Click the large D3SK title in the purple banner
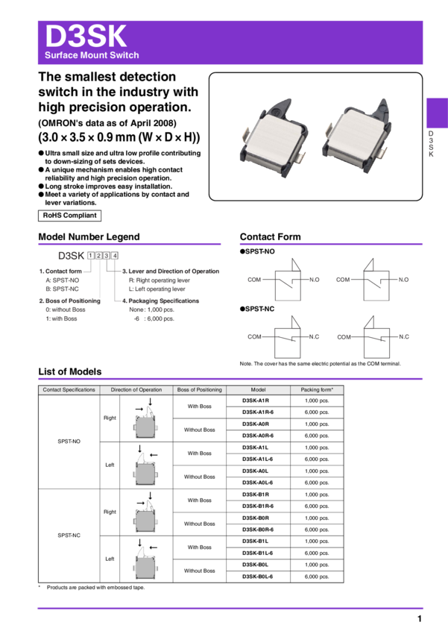86,36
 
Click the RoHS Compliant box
69,216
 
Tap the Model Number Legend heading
89,237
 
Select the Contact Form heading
271,237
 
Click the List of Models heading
70,371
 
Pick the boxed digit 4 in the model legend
115,256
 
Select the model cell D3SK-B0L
255,565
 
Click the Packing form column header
317,390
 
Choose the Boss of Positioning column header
200,390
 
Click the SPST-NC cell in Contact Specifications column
69,536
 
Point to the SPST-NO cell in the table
69,442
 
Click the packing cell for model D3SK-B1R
317,495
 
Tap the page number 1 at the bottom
420,618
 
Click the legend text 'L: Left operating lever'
157,289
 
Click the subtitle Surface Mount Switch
92,55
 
